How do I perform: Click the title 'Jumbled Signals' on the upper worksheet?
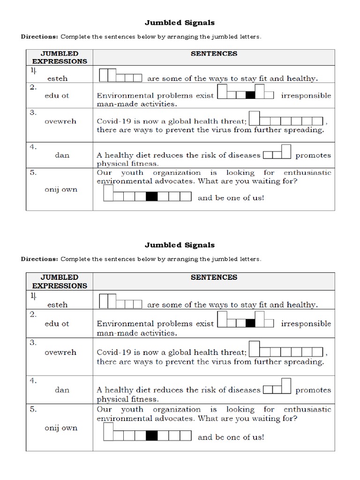180,22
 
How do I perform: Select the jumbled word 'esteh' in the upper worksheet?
57,79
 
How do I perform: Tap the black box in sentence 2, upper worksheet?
250,95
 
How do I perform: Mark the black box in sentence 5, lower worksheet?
151,436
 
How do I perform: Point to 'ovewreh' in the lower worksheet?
60,352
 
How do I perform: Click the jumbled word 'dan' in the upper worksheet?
62,155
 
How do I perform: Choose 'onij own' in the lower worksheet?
61,428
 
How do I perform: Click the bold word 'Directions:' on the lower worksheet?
40,259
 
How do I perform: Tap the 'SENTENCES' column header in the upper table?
214,53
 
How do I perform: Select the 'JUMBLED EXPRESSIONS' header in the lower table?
59,281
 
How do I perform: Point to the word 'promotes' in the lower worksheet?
313,390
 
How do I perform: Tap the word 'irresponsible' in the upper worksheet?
306,95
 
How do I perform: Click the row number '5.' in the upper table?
33,172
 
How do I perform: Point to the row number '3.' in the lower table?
33,343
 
